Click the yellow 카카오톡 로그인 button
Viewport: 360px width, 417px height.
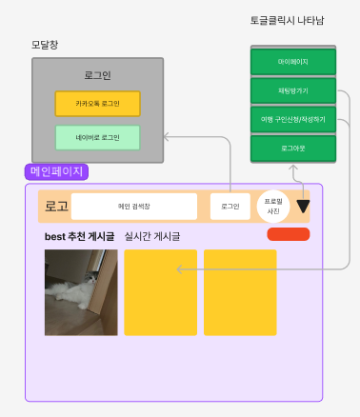click(97, 103)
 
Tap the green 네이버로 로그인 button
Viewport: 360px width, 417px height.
click(97, 137)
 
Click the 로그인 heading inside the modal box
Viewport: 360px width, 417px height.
click(97, 75)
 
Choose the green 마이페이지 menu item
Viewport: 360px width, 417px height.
click(293, 62)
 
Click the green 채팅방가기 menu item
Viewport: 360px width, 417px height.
click(293, 91)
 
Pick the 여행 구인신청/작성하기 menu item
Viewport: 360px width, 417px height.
click(293, 120)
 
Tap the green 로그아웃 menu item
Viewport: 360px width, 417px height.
click(293, 149)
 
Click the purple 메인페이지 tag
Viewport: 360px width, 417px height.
click(57, 172)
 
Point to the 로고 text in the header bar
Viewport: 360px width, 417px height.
click(56, 207)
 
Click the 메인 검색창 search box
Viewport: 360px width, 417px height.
click(134, 207)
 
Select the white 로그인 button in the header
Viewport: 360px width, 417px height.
click(230, 207)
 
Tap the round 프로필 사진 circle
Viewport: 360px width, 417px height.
click(274, 206)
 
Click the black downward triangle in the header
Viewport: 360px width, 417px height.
click(304, 205)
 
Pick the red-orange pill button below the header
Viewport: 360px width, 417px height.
click(289, 234)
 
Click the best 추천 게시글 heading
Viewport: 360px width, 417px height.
click(79, 236)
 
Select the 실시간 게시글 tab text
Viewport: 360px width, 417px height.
click(152, 236)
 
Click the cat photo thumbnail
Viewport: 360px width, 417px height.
click(81, 292)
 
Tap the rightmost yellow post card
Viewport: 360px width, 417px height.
click(240, 292)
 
